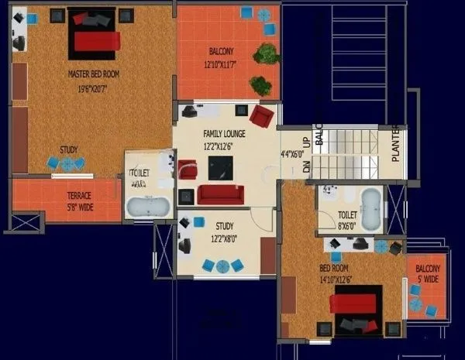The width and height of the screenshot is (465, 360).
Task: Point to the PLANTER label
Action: (x=395, y=143)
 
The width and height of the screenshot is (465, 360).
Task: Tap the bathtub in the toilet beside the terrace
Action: (x=147, y=207)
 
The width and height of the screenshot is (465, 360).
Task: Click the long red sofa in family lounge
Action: (x=221, y=194)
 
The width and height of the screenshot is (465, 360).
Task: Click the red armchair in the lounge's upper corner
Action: (x=262, y=117)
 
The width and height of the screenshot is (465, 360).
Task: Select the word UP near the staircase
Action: (x=305, y=142)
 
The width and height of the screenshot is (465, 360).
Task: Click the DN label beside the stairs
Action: (x=305, y=166)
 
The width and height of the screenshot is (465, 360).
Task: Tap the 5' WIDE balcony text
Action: (x=427, y=279)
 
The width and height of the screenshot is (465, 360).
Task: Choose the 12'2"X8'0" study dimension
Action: (x=225, y=239)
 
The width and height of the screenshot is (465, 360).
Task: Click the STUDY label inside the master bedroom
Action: (x=69, y=150)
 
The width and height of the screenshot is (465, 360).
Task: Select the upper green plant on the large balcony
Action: (x=267, y=54)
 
